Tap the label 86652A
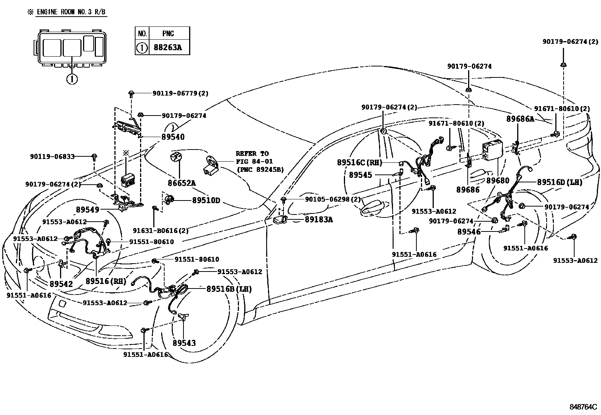pyautogui.click(x=182, y=183)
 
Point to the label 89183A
pyautogui.click(x=319, y=219)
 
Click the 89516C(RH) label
pyautogui.click(x=359, y=163)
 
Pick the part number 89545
pyautogui.click(x=361, y=175)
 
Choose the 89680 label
pyautogui.click(x=498, y=181)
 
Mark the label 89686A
pyautogui.click(x=520, y=119)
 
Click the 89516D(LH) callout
pyautogui.click(x=560, y=182)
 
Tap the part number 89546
pyautogui.click(x=469, y=232)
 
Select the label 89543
pyautogui.click(x=184, y=343)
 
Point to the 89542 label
pyautogui.click(x=61, y=284)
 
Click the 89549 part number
pyautogui.click(x=87, y=210)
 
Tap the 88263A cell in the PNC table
pyautogui.click(x=168, y=48)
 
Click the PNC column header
pyautogui.click(x=168, y=34)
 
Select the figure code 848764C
pyautogui.click(x=583, y=407)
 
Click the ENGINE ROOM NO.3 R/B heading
pyautogui.click(x=71, y=12)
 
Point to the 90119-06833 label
pyautogui.click(x=52, y=156)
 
